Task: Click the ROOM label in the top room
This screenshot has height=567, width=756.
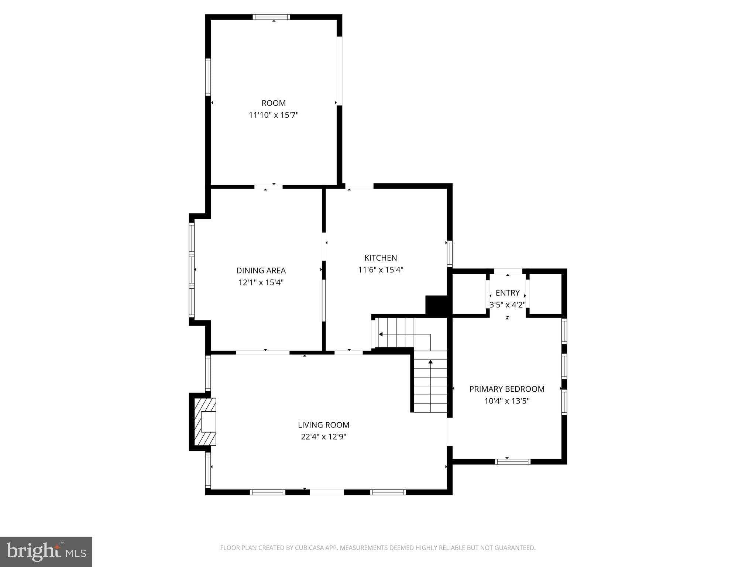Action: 274,103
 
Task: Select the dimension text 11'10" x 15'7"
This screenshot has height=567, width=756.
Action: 274,115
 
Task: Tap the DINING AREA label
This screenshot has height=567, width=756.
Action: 261,271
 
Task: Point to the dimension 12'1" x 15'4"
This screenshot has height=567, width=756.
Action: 261,282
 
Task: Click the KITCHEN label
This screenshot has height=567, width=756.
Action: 381,258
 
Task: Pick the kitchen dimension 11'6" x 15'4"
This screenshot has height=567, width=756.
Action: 381,270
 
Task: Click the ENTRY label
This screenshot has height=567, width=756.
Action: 508,293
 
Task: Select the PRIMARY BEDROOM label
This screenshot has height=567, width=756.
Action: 507,389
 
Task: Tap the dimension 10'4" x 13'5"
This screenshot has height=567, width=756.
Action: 507,401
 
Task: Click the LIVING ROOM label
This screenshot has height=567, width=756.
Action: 324,425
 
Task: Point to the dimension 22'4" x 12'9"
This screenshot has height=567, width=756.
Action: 324,437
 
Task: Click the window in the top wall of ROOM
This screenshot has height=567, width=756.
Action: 271,17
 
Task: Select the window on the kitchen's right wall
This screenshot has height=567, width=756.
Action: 450,254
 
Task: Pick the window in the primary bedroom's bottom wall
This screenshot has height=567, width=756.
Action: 513,461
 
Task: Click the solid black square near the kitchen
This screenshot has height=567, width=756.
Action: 436,305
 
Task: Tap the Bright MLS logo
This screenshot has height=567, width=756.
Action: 46,551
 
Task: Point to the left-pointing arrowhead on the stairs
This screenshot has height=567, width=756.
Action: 380,334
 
